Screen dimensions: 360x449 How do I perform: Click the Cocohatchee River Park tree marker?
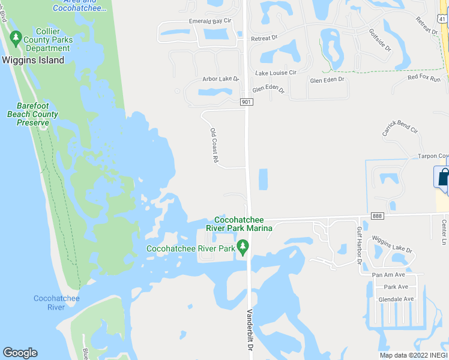coord(243,247)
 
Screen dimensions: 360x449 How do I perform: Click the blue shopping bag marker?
coord(442,177)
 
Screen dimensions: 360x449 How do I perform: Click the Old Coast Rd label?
coord(214,145)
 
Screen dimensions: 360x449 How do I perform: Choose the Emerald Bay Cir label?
coord(210,21)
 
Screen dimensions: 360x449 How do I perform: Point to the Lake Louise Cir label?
coord(276,73)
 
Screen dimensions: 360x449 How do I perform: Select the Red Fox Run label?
coord(424,79)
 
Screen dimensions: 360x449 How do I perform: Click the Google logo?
coord(20,353)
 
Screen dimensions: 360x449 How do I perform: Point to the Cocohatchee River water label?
coord(56,303)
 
